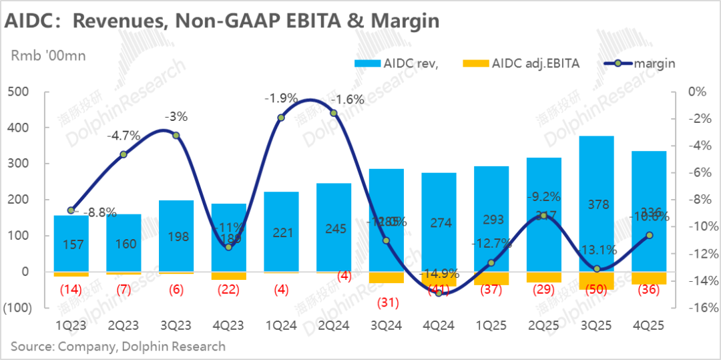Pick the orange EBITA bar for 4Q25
point(649,278)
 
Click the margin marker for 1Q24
point(281,118)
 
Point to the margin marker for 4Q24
point(439,293)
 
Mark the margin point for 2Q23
point(124,154)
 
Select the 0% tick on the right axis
point(697,92)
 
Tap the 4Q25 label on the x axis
point(649,325)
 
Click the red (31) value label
point(387,303)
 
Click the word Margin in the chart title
point(409,21)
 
